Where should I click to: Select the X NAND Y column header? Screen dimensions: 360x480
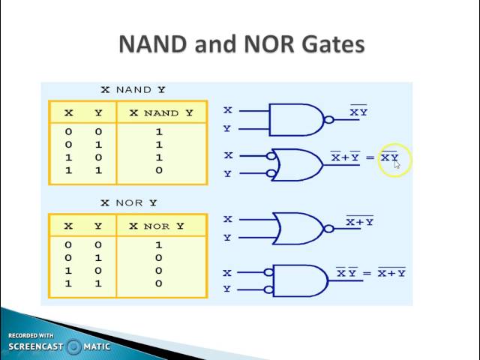coord(162,113)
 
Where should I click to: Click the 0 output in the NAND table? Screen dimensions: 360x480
coord(159,171)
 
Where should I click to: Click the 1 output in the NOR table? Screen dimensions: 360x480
coord(159,244)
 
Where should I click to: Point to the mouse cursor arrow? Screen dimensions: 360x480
coord(397,165)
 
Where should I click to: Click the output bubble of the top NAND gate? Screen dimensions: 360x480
coord(328,120)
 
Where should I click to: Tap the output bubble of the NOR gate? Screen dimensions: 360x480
coord(328,229)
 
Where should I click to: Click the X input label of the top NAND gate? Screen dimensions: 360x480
coord(228,110)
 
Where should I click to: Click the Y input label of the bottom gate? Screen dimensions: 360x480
coord(227,289)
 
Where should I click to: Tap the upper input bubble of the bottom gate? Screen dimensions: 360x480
coord(268,273)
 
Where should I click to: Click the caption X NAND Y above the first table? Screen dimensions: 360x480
coord(133,90)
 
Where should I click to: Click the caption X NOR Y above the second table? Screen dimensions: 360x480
coord(129,202)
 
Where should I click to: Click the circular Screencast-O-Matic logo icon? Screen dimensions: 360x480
coord(73,346)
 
